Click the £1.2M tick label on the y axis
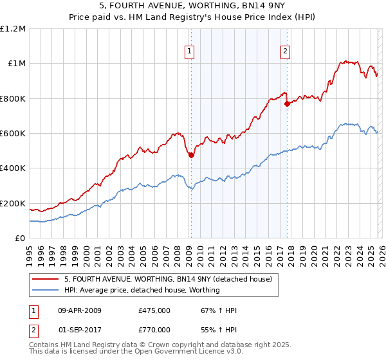tap(13, 29)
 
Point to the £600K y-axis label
tap(13, 134)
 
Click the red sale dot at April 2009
tap(191, 155)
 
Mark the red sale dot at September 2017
tap(287, 104)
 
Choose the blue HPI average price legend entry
tap(142, 290)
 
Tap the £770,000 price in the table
tap(154, 330)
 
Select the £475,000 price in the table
tap(154, 310)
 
